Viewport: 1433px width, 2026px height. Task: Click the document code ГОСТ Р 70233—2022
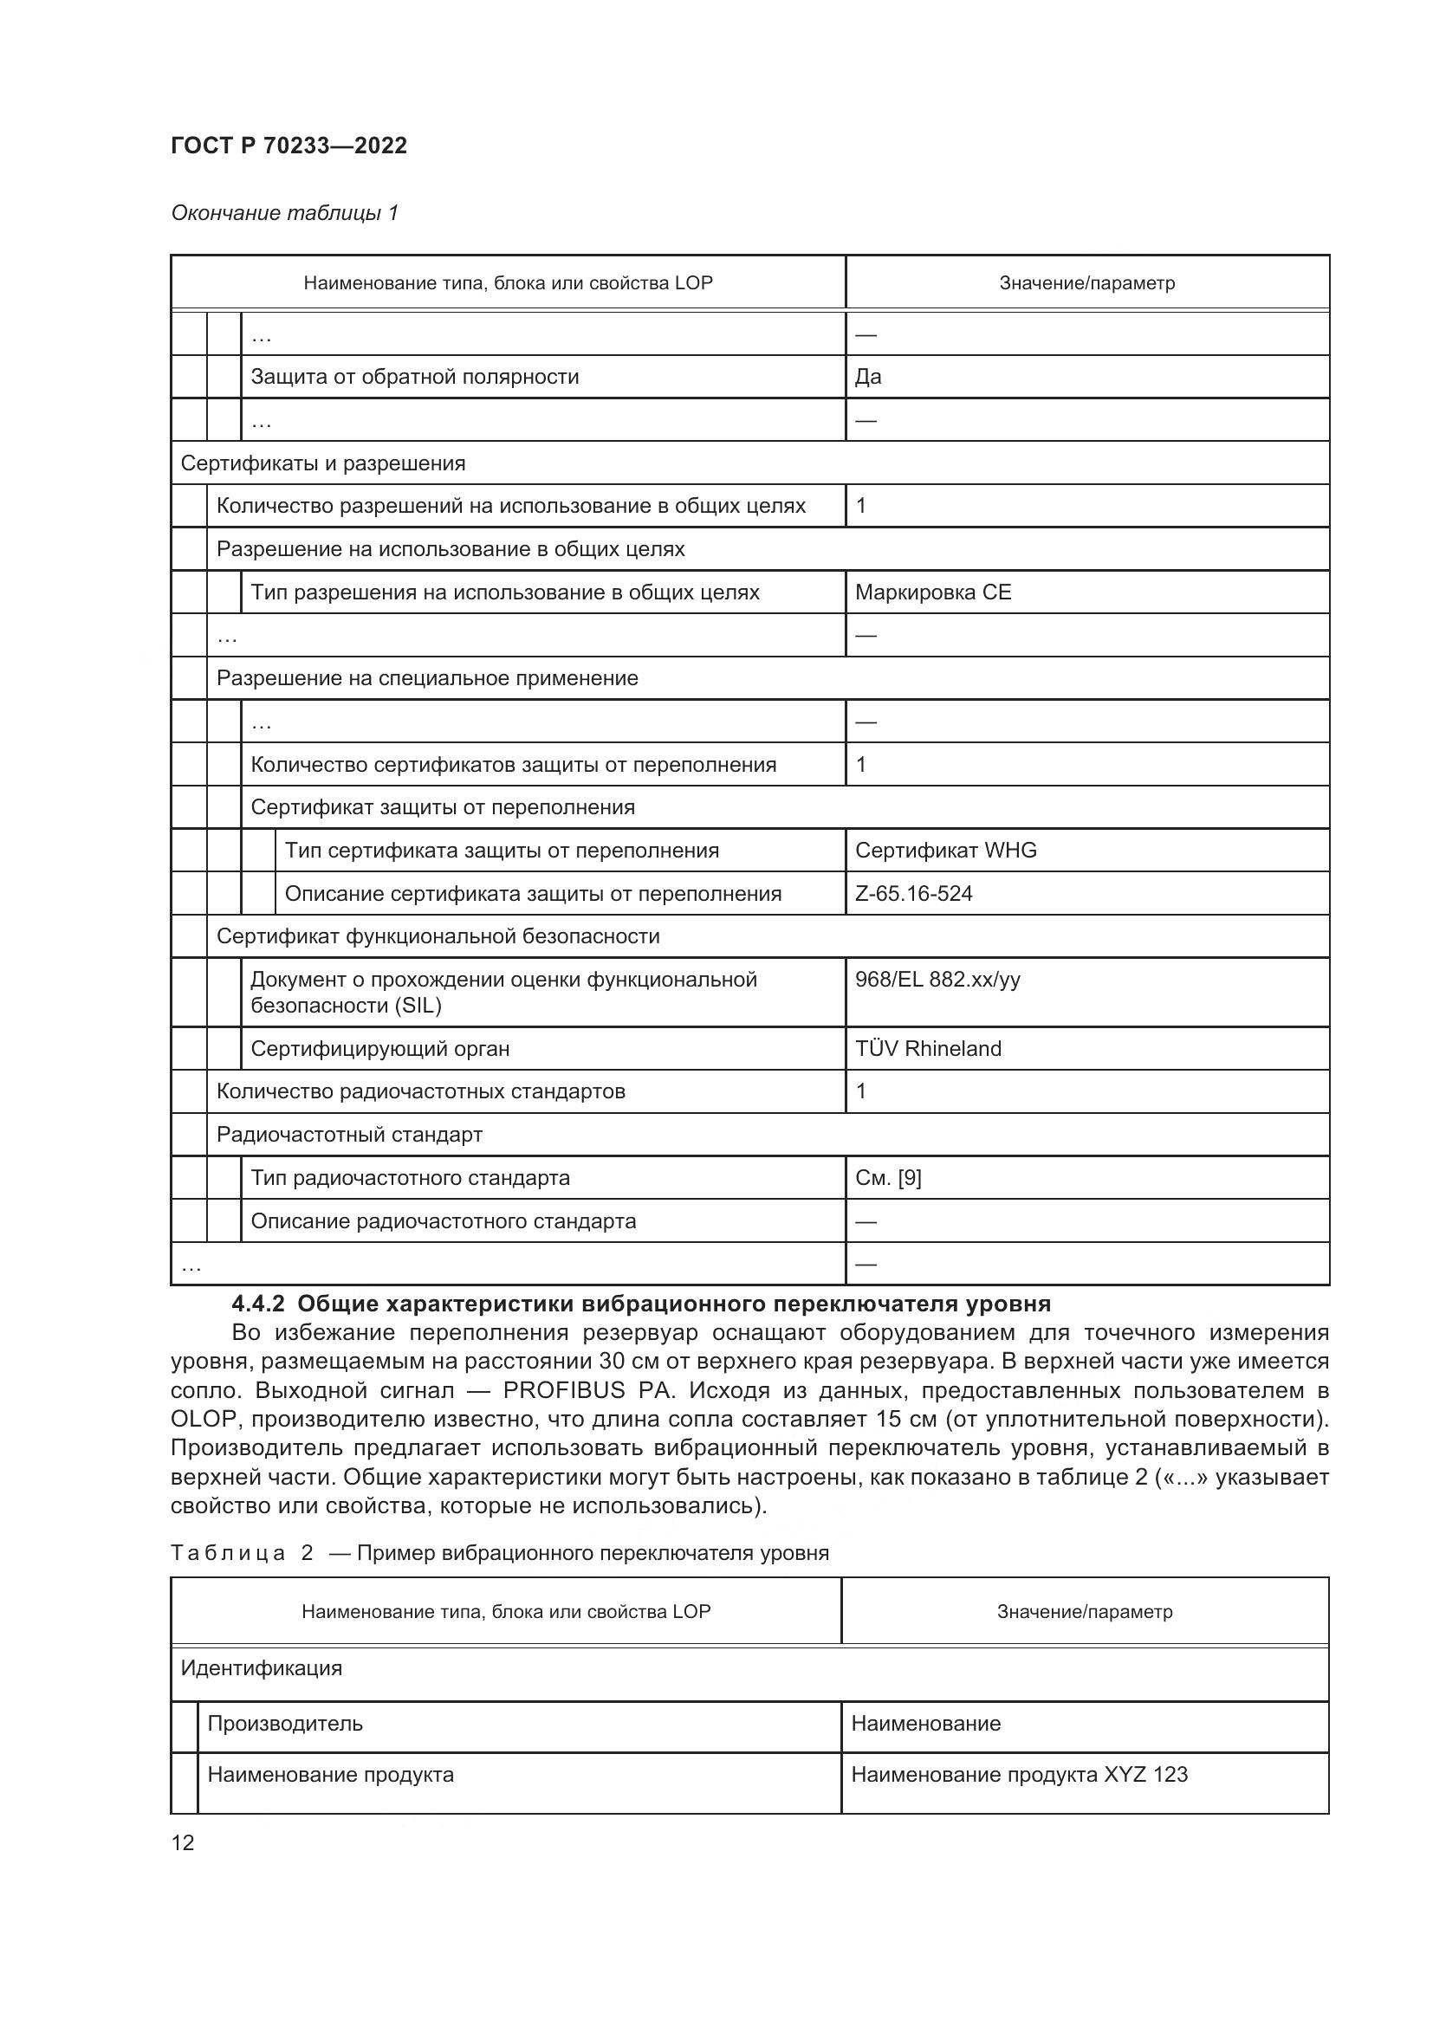pyautogui.click(x=289, y=146)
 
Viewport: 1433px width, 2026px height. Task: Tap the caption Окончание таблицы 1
pyautogui.click(x=284, y=213)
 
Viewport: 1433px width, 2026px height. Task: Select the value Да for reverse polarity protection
pyautogui.click(x=868, y=377)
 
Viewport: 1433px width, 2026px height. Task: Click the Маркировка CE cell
pyautogui.click(x=933, y=592)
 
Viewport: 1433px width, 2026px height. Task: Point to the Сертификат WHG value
pyautogui.click(x=946, y=851)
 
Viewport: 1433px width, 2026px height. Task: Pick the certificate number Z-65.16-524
pyautogui.click(x=913, y=894)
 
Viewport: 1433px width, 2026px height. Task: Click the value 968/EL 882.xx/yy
pyautogui.click(x=937, y=980)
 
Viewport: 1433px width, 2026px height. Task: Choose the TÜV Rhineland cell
pyautogui.click(x=928, y=1049)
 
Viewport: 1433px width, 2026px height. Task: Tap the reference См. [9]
pyautogui.click(x=888, y=1178)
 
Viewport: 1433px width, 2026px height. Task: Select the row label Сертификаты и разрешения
pyautogui.click(x=323, y=463)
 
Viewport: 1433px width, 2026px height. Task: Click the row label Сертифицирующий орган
pyautogui.click(x=380, y=1049)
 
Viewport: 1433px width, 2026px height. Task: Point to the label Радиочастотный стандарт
pyautogui.click(x=349, y=1135)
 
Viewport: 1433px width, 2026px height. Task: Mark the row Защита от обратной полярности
pyautogui.click(x=415, y=377)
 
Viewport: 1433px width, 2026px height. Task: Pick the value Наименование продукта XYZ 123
pyautogui.click(x=1019, y=1775)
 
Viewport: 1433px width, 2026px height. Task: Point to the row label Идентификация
pyautogui.click(x=261, y=1668)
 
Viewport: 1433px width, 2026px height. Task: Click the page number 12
pyautogui.click(x=183, y=1842)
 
